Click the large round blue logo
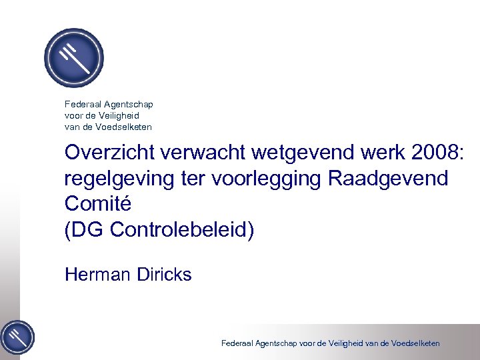(x=73, y=58)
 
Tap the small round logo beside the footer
(x=17, y=337)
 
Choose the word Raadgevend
(x=391, y=178)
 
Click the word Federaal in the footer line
(x=237, y=343)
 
